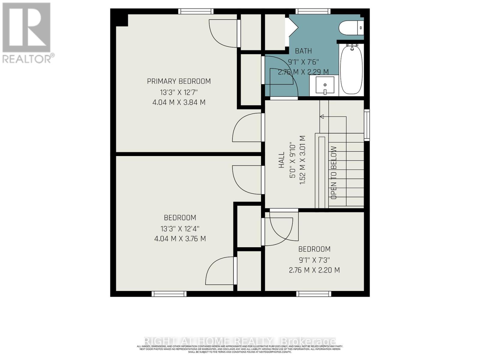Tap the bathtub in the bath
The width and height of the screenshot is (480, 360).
[x=351, y=70]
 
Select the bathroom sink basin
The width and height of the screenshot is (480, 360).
[x=325, y=85]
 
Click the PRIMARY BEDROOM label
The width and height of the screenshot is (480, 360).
[x=179, y=81]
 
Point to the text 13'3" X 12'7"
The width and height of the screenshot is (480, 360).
[x=179, y=92]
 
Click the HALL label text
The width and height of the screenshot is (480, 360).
[x=281, y=160]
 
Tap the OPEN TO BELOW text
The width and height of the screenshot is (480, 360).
[x=334, y=172]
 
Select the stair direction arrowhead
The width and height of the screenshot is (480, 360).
[x=322, y=116]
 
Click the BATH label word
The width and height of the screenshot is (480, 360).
[x=303, y=51]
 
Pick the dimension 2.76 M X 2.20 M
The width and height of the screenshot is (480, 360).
[x=314, y=270]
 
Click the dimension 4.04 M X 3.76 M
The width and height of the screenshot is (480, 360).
[x=180, y=239]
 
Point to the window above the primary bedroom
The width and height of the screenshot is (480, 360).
[x=196, y=11]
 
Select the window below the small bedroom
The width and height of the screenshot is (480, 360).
[x=314, y=294]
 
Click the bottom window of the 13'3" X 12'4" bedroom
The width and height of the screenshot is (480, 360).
[x=169, y=294]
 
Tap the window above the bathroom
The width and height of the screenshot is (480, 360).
[x=313, y=11]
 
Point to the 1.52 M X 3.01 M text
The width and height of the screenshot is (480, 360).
[x=303, y=160]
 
